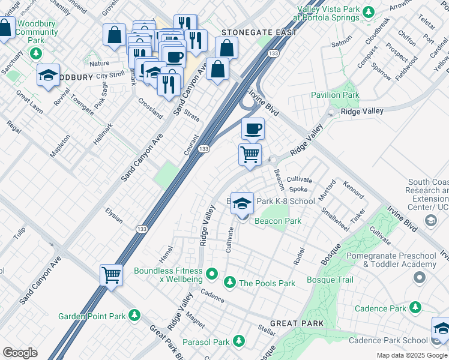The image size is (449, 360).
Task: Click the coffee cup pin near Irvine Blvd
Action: (x=253, y=128)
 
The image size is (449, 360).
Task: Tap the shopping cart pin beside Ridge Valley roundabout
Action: (x=250, y=154)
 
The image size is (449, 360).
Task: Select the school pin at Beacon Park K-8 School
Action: (x=242, y=204)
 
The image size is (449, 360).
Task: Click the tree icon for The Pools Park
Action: (x=229, y=283)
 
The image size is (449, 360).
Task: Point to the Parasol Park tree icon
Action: (x=239, y=341)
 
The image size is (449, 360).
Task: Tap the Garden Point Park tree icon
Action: (x=134, y=316)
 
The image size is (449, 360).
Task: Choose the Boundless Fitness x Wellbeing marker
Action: (x=211, y=275)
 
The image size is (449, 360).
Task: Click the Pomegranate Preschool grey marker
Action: (x=419, y=277)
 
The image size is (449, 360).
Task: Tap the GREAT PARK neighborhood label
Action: (x=297, y=323)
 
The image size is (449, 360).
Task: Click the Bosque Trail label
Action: (x=330, y=280)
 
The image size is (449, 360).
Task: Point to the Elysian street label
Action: (x=113, y=216)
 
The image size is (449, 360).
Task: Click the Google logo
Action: (x=20, y=353)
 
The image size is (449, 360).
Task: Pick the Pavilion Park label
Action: (x=335, y=95)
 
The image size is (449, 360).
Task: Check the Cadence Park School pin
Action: (x=441, y=329)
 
